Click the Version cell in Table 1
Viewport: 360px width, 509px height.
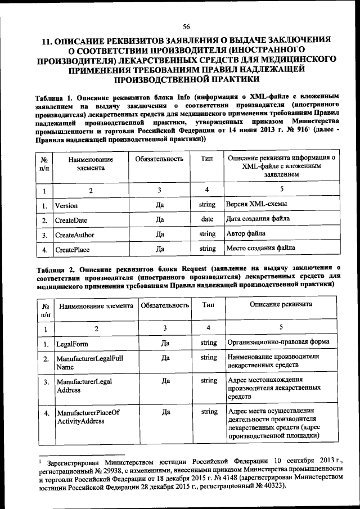66,205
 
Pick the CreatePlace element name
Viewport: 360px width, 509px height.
72,249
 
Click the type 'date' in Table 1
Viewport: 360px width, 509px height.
207,219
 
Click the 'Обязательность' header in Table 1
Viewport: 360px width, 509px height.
160,160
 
